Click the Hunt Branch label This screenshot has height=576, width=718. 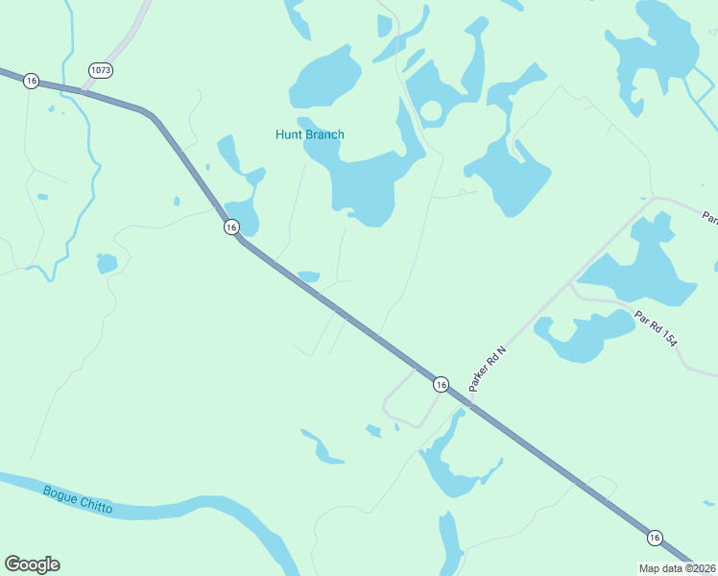click(309, 134)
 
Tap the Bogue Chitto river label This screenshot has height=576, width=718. click(78, 499)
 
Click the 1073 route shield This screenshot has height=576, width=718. click(100, 70)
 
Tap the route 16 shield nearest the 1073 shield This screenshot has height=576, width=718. click(32, 82)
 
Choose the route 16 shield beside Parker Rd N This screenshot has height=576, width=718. click(440, 384)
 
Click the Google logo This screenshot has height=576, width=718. click(32, 564)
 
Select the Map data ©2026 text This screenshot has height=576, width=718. click(678, 567)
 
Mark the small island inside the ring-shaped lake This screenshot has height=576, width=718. click(431, 111)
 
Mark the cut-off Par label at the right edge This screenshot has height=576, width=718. click(710, 218)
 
